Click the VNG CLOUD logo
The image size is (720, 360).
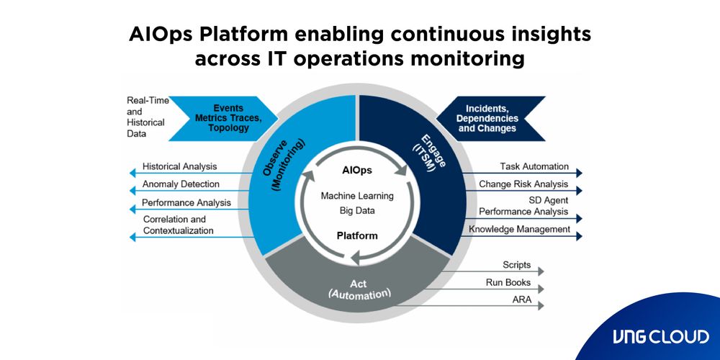pos(660,336)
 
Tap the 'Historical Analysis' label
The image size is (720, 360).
pos(179,166)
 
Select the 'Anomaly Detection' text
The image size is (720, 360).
pos(181,184)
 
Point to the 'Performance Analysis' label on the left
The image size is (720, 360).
pos(186,203)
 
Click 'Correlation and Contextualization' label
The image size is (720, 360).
pos(178,225)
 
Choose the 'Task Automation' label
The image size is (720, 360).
pos(534,166)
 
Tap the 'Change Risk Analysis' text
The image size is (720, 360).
pos(523,184)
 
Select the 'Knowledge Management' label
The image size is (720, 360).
pos(519,230)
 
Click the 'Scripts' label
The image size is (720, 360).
pos(516,265)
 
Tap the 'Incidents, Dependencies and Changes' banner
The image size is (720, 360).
pos(487,118)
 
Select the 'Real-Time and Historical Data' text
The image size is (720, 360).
pos(146,117)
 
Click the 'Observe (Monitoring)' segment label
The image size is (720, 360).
pos(282,165)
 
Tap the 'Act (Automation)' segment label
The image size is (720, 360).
pos(359,288)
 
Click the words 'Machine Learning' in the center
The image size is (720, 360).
pos(357,196)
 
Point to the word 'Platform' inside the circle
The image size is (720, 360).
pos(357,235)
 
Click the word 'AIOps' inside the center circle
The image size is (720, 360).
pos(358,171)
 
